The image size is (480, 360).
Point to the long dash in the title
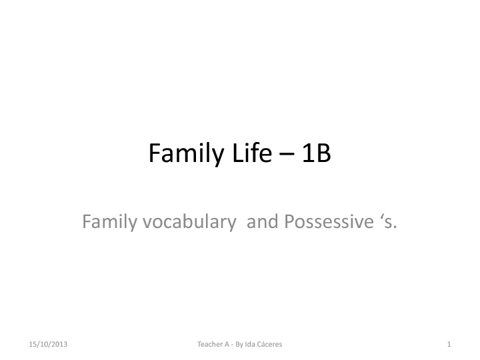pyautogui.click(x=287, y=154)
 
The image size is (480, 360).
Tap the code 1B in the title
pyautogui.click(x=316, y=153)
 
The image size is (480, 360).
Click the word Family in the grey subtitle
pyautogui.click(x=109, y=222)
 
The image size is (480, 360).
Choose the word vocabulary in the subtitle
pyautogui.click(x=189, y=222)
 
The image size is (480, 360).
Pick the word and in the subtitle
pyautogui.click(x=263, y=221)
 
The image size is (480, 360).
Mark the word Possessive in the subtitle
pyautogui.click(x=329, y=221)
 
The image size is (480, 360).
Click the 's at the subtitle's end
pyautogui.click(x=389, y=221)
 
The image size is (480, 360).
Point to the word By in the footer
pyautogui.click(x=239, y=345)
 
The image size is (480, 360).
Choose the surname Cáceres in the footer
pyautogui.click(x=270, y=344)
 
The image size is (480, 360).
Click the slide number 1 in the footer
pyautogui.click(x=449, y=345)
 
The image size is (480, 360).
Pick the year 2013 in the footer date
pyautogui.click(x=60, y=345)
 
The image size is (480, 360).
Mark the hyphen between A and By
pyautogui.click(x=233, y=345)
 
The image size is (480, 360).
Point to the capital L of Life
pyautogui.click(x=237, y=153)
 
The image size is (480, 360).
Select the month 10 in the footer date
pyautogui.click(x=45, y=345)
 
